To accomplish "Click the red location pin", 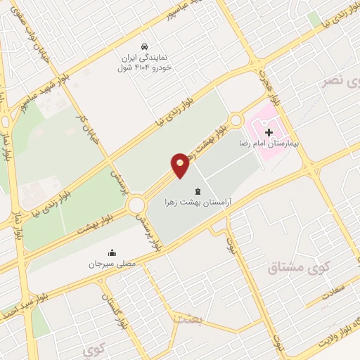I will pyautogui.click(x=180, y=165).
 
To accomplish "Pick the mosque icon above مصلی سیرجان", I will pyautogui.click(x=112, y=253).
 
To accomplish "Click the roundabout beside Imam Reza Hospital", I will pyautogui.click(x=236, y=121).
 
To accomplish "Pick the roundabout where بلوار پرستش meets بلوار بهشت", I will pyautogui.click(x=136, y=205).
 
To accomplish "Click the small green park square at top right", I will pyautogui.click(x=314, y=19).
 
